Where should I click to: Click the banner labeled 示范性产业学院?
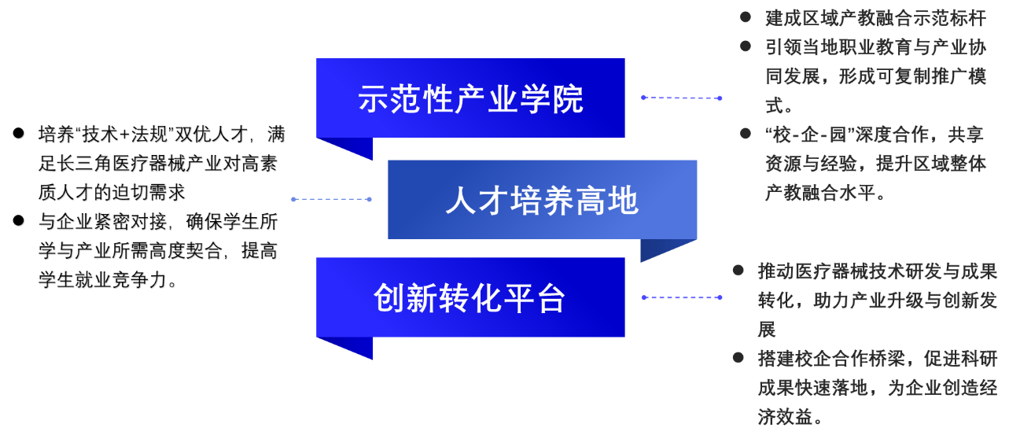click(470, 98)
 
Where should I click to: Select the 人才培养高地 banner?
click(543, 200)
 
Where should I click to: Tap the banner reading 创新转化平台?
click(470, 297)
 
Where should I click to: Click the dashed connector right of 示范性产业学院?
click(682, 98)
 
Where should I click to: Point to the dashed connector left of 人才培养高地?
click(331, 199)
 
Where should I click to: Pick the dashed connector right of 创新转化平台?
click(682, 297)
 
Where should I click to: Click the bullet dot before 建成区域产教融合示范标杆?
click(746, 17)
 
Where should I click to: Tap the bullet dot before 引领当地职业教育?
click(746, 46)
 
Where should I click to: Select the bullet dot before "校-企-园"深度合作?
click(746, 134)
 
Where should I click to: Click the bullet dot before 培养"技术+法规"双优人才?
click(18, 134)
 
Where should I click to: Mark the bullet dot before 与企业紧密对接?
click(18, 221)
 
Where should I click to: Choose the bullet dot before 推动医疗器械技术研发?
click(738, 271)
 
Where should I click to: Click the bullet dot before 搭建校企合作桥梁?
click(738, 358)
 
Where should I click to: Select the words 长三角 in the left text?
click(84, 163)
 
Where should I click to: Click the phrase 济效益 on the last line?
click(785, 416)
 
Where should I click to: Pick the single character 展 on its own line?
click(767, 330)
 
